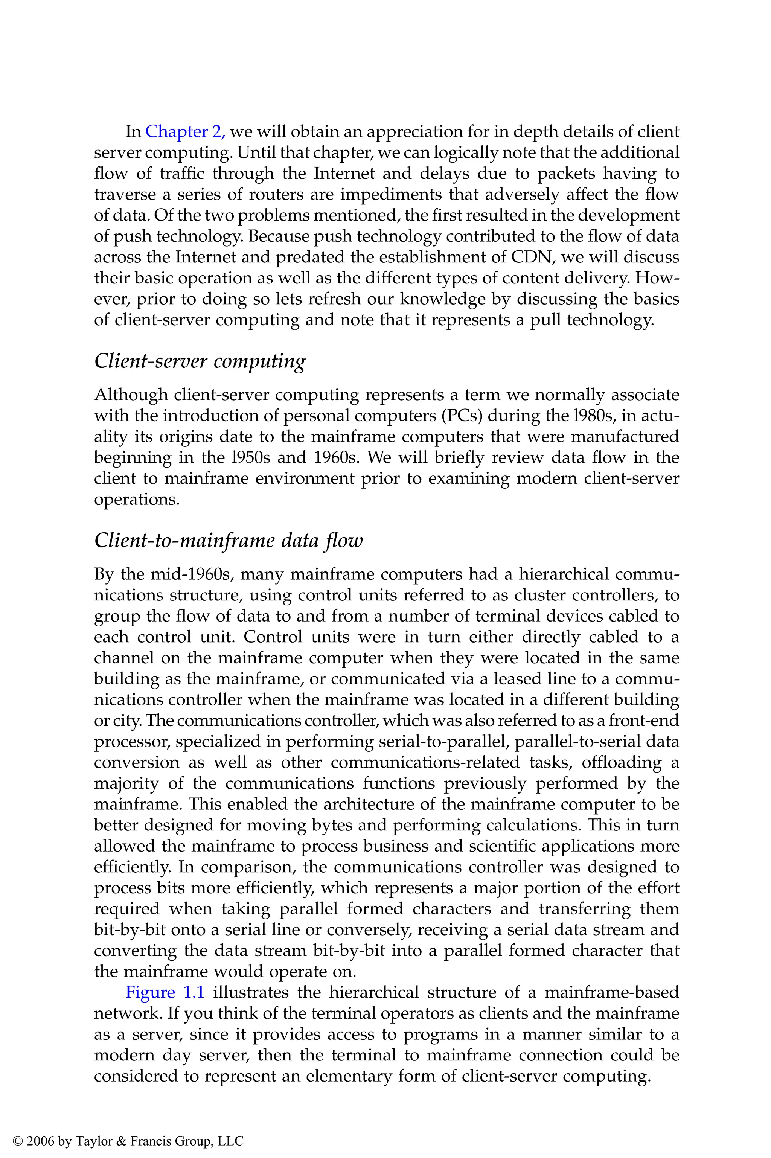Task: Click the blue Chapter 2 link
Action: click(185, 132)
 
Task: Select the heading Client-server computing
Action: click(200, 361)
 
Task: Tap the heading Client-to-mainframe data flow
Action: click(228, 541)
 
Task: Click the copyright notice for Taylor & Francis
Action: click(128, 1127)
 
